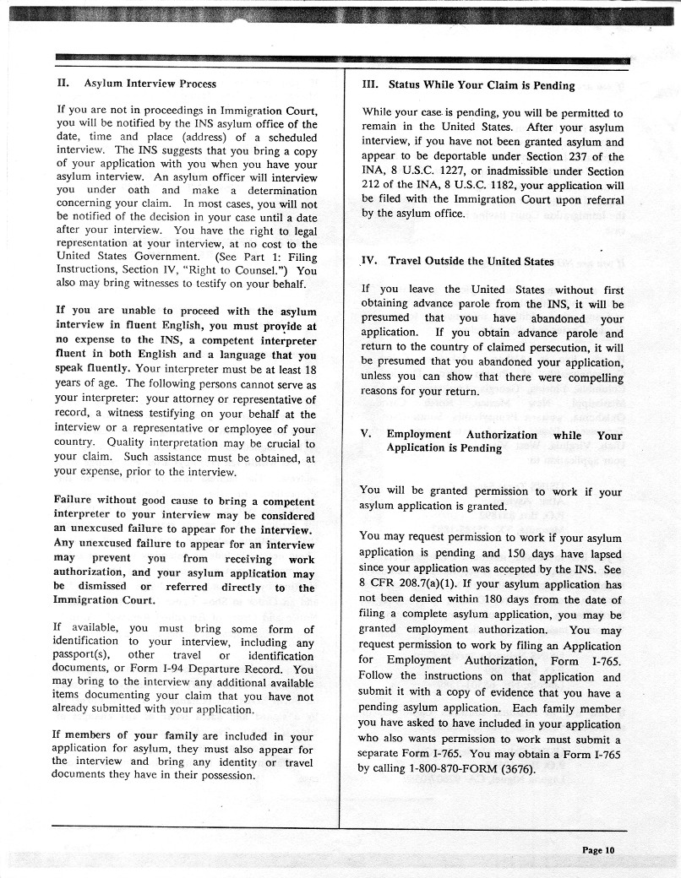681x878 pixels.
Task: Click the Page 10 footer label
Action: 598,849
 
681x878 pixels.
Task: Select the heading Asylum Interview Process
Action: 150,84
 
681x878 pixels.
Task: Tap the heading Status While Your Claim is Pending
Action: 482,85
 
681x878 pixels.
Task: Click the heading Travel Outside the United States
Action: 471,261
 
